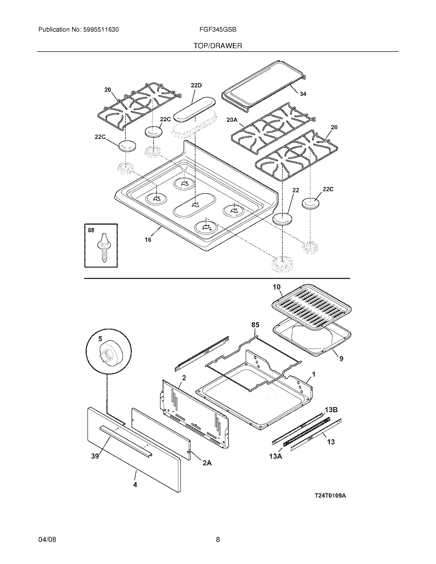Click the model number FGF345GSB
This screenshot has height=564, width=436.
(x=218, y=30)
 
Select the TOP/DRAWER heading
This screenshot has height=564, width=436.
(x=218, y=46)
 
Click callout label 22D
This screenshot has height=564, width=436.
(x=196, y=85)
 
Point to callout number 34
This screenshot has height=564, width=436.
(x=303, y=94)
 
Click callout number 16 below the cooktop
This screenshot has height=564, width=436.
(x=148, y=240)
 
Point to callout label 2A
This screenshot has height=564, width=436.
(x=207, y=463)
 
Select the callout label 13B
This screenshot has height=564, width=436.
(x=331, y=410)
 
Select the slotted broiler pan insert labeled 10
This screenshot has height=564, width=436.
(x=312, y=306)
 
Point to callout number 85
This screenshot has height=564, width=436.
(x=255, y=325)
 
